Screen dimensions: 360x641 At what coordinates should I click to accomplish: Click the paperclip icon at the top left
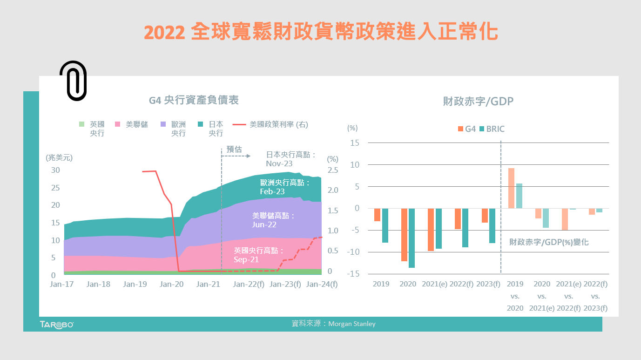coord(73,81)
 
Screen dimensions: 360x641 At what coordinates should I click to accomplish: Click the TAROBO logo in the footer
coord(56,324)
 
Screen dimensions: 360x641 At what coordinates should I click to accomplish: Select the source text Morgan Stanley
coord(351,324)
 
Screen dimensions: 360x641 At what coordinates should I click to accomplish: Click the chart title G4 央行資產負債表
coord(194,100)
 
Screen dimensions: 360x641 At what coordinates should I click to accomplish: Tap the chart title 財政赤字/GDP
coord(478,101)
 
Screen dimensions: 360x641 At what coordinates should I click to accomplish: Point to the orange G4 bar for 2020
coord(404,235)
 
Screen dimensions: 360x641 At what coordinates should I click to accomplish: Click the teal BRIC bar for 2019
coord(385,225)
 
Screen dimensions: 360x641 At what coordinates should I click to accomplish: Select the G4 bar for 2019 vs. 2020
coord(511,188)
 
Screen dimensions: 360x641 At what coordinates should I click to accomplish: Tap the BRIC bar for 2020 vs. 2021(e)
coord(546,218)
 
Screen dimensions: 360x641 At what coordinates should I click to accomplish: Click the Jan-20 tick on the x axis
coord(172,284)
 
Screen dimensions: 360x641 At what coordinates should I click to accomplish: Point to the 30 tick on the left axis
coord(55,170)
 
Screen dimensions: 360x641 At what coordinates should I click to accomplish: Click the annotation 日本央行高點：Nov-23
coord(291,159)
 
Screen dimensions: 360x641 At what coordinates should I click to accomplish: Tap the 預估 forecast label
coord(234,149)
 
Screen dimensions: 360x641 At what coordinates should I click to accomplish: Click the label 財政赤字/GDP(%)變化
coord(549,242)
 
